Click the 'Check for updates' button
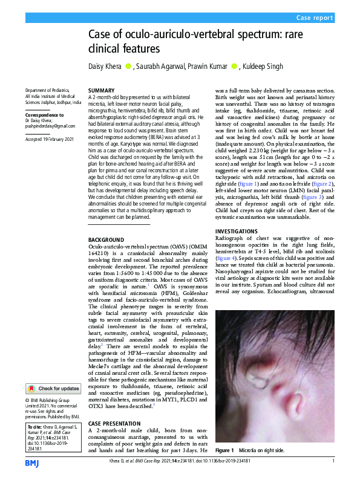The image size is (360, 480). tap(53, 389)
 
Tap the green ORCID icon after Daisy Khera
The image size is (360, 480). tap(128, 65)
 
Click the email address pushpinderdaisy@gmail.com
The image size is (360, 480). tap(50, 126)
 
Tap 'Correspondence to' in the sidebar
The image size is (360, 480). tap(44, 114)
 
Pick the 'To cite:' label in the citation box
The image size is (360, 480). tap(35, 427)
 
